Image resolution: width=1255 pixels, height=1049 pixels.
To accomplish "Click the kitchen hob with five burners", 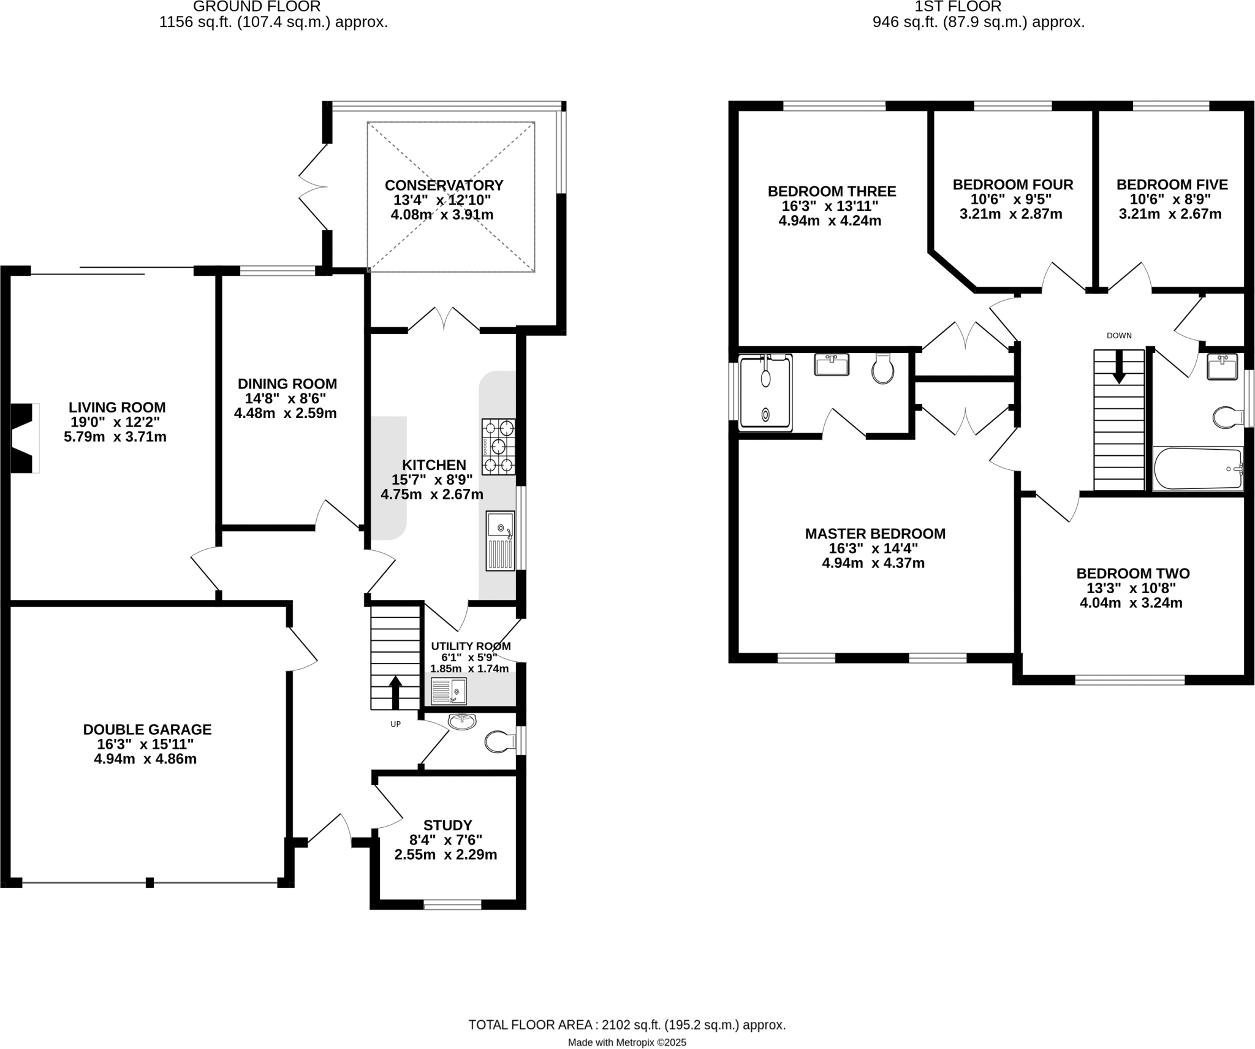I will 498,447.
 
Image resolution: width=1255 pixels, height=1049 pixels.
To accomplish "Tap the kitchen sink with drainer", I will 500,540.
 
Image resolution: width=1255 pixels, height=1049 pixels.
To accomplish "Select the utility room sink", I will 449,691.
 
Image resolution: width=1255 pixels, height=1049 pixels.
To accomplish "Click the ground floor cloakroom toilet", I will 499,743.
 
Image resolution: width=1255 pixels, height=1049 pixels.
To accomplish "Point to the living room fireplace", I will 23,438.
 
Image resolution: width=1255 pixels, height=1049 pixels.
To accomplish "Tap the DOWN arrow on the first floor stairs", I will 1119,366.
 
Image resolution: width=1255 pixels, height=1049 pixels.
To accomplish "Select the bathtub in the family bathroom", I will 1197,469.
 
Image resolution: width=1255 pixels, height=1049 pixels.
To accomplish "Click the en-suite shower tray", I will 765,392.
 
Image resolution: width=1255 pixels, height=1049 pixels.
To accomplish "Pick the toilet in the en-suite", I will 883,368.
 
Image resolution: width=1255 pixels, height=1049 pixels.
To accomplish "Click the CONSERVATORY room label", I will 444,185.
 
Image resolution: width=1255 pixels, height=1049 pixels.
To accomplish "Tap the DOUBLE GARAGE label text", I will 147,729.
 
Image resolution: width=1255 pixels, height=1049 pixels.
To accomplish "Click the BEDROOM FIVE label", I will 1172,184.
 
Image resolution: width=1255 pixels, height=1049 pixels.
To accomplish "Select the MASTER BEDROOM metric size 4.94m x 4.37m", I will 873,562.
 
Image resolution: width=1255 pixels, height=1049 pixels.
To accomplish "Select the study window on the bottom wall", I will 452,904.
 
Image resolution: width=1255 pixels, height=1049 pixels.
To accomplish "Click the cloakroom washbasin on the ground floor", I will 462,721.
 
